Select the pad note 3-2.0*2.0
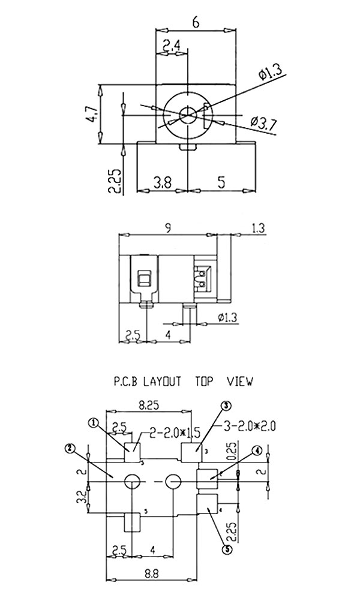[x=251, y=426]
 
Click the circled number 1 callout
[x=94, y=423]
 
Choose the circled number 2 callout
[x=70, y=448]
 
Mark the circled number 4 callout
[x=256, y=450]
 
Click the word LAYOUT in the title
[x=161, y=380]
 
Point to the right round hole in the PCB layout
[x=173, y=481]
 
